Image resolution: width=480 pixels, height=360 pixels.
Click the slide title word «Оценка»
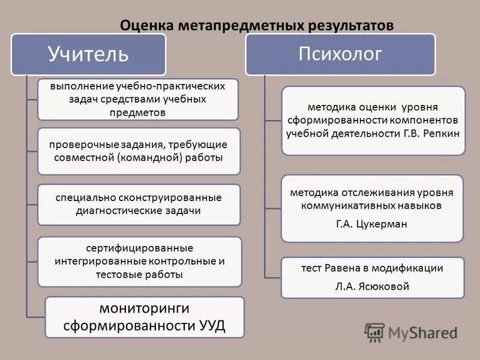[146, 26]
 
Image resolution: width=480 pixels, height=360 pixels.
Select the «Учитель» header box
[88, 54]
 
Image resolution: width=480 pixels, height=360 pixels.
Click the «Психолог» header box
[340, 54]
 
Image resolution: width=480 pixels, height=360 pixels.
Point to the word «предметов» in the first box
[138, 112]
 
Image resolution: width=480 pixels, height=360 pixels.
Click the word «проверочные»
[79, 144]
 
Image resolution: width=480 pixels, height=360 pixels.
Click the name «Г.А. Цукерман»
[372, 224]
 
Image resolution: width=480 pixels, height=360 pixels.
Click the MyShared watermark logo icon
[375, 332]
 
